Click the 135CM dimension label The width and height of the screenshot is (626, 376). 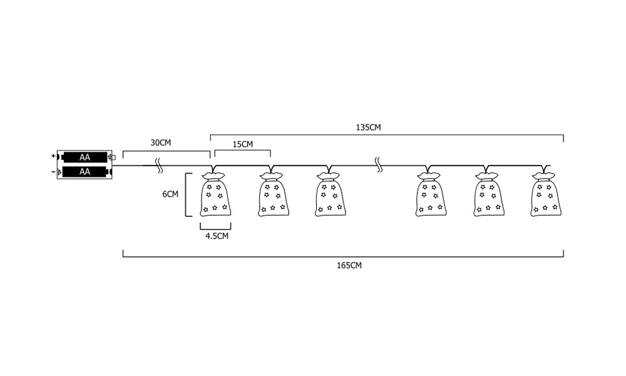tap(368, 127)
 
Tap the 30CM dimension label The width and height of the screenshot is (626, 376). tap(160, 143)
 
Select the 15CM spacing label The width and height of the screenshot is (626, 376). tap(243, 144)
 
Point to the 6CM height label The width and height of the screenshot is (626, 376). tap(170, 194)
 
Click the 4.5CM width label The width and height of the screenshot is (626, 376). tap(217, 236)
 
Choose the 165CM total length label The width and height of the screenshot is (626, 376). tap(349, 265)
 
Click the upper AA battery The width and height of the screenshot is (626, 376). tap(85, 157)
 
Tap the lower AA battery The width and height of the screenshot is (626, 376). tap(85, 172)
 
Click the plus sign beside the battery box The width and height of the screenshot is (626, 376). tap(53, 156)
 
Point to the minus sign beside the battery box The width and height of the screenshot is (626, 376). tap(53, 172)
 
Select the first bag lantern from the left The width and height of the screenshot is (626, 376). tap(215, 194)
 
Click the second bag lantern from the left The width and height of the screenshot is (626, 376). tap(274, 194)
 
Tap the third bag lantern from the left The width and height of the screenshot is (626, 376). tap(330, 194)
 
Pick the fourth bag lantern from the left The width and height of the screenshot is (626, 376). tap(431, 194)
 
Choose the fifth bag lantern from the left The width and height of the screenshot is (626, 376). tap(489, 194)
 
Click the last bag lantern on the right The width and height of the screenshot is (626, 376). tap(546, 194)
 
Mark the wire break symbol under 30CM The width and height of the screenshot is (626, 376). tap(159, 165)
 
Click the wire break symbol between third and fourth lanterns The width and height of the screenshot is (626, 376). tap(379, 165)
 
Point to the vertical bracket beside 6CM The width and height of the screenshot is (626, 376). tap(186, 195)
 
